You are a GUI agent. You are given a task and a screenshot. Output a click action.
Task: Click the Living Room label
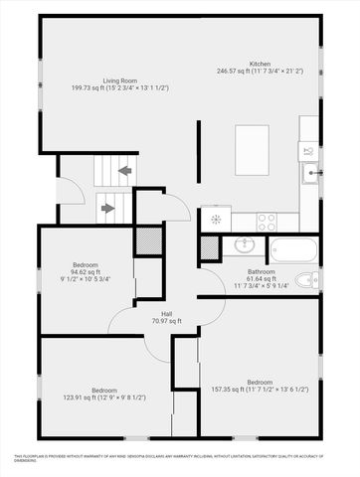tap(119, 79)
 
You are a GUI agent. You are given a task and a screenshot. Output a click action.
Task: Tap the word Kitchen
tap(261, 63)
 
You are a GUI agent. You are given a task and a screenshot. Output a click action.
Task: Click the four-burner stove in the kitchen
tap(267, 221)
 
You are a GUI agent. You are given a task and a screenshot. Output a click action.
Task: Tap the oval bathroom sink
tap(245, 246)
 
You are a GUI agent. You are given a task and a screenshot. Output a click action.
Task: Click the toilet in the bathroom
tap(309, 279)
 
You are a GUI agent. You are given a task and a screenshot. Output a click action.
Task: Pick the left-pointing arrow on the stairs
tap(124, 170)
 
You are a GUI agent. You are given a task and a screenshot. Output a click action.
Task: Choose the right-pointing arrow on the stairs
tap(107, 209)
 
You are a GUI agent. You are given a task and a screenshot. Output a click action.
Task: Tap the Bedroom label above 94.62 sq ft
tap(85, 265)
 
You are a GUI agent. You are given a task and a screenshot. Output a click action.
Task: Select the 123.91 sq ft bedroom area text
tap(92, 397)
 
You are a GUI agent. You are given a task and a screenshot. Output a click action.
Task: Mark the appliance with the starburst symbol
tap(216, 221)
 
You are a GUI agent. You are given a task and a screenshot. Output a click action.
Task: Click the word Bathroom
tap(262, 271)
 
